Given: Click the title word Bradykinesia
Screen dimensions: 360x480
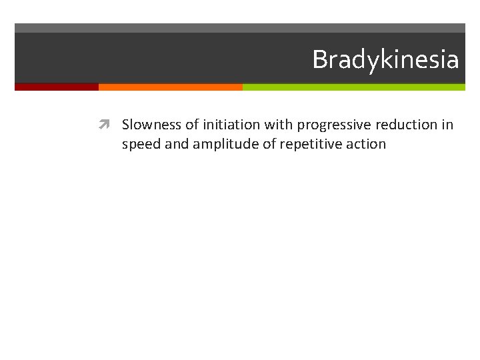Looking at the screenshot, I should (x=385, y=60).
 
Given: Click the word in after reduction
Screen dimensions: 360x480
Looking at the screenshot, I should (x=447, y=125).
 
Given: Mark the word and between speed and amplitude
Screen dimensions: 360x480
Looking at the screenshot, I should (x=177, y=143).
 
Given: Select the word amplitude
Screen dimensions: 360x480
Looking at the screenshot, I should (x=224, y=144).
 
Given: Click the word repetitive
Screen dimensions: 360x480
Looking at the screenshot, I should (x=312, y=144).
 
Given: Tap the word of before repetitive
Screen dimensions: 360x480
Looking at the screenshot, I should (x=268, y=143).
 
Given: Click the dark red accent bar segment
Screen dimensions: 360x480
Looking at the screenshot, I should (x=57, y=87).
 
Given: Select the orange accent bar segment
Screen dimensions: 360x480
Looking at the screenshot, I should (x=170, y=87).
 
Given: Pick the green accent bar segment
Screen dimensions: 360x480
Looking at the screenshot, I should (x=353, y=87).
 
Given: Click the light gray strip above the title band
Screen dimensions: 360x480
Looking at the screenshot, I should (x=240, y=28).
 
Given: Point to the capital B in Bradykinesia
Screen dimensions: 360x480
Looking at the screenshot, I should (x=319, y=60).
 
